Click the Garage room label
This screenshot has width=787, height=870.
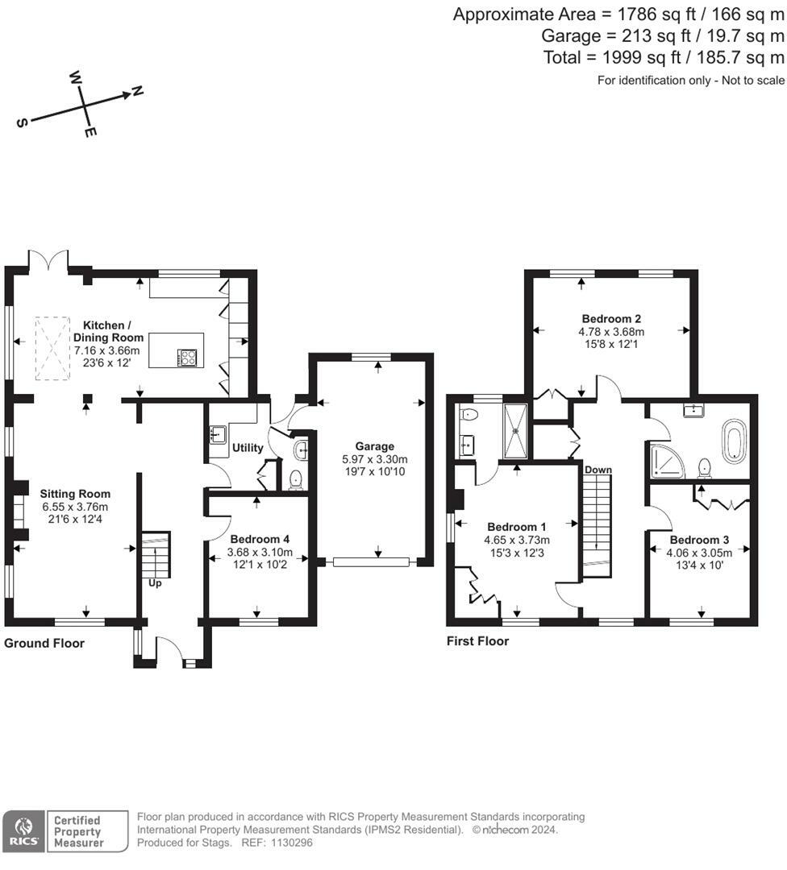[x=374, y=445]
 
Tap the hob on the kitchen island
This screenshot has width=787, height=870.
[x=189, y=357]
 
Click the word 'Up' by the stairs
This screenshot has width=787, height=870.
[x=155, y=582]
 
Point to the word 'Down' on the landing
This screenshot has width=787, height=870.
[x=598, y=469]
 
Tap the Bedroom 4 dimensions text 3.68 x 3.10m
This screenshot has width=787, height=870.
[x=260, y=553]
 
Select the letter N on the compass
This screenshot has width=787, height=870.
[x=137, y=91]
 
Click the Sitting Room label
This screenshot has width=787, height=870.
[x=75, y=494]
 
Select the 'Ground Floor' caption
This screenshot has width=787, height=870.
[x=44, y=643]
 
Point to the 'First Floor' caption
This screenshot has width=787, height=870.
[x=478, y=641]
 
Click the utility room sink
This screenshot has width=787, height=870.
[x=217, y=436]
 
